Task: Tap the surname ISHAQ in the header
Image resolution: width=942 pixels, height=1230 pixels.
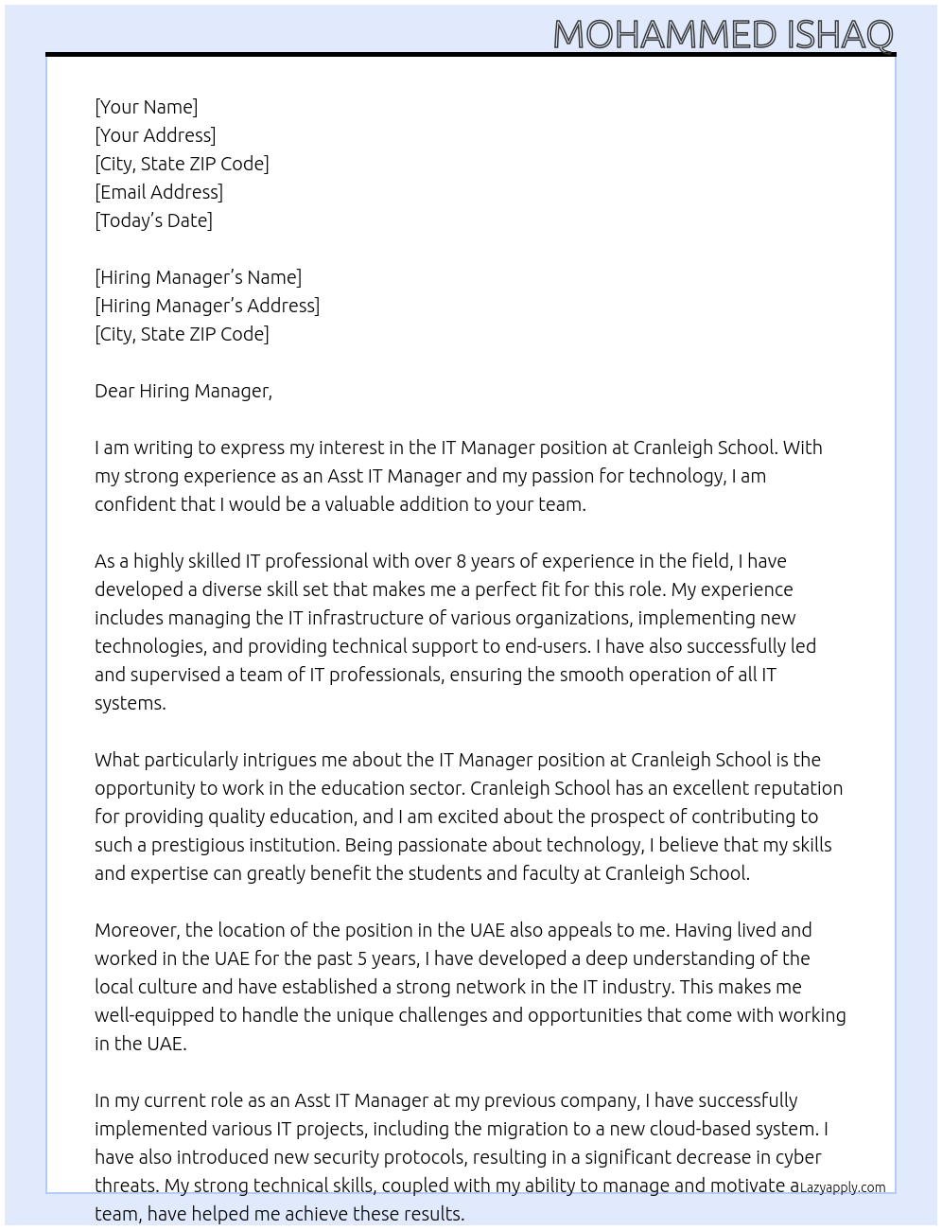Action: pyautogui.click(x=839, y=34)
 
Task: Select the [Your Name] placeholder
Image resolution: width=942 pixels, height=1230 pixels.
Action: pyautogui.click(x=146, y=107)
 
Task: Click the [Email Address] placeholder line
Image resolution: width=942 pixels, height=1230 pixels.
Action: pyautogui.click(x=159, y=192)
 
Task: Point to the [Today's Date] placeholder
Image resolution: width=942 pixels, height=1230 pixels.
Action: pyautogui.click(x=153, y=220)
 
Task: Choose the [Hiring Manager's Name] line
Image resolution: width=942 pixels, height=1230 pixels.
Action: pyautogui.click(x=198, y=277)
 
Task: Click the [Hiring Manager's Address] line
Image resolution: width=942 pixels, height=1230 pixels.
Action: pyautogui.click(x=207, y=306)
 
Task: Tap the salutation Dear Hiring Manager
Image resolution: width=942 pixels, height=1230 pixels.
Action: pyautogui.click(x=183, y=391)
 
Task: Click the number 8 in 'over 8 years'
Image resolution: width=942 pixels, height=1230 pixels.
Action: pyautogui.click(x=461, y=561)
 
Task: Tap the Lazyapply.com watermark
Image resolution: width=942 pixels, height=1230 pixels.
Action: pyautogui.click(x=842, y=1187)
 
